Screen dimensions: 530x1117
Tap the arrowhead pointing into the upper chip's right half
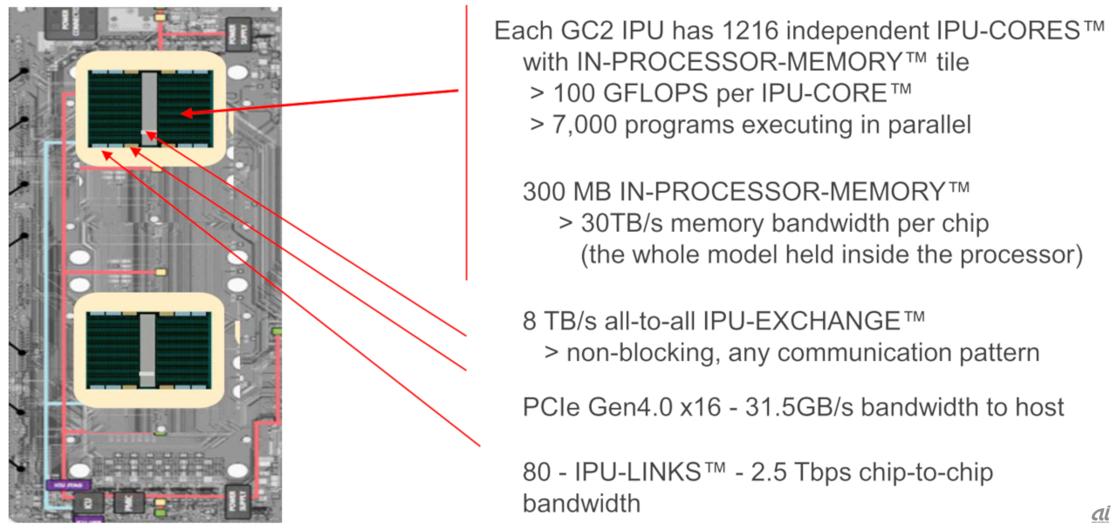(188, 113)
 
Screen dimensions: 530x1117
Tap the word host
(1038, 406)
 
